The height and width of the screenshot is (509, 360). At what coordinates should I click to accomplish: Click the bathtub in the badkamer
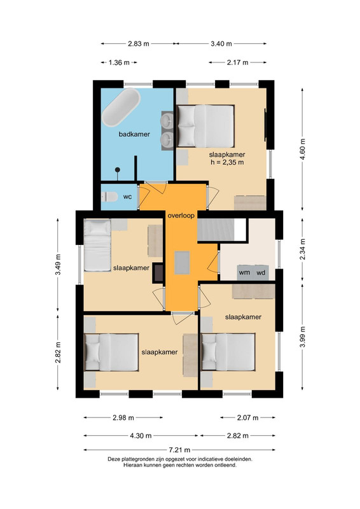click(x=121, y=108)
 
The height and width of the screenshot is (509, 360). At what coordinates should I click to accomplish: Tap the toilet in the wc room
click(x=109, y=197)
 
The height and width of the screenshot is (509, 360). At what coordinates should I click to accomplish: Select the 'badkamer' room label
click(x=134, y=134)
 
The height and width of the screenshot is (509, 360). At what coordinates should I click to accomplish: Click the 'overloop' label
click(x=181, y=215)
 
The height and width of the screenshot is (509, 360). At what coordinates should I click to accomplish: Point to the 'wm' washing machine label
click(x=244, y=272)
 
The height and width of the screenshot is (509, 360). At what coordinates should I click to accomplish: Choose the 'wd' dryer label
click(x=261, y=272)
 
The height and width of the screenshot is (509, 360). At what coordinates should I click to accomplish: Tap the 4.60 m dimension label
click(x=303, y=149)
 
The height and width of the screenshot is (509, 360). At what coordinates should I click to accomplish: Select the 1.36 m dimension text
click(x=119, y=62)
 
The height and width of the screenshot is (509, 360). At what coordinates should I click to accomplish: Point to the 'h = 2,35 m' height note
click(x=227, y=162)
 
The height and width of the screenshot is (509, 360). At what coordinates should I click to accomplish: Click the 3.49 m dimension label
click(x=58, y=264)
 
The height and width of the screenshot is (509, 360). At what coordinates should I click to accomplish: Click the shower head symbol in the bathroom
click(x=118, y=170)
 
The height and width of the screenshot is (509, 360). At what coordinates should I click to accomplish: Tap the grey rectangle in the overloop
click(x=182, y=263)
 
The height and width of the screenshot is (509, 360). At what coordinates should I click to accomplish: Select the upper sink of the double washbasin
click(x=168, y=120)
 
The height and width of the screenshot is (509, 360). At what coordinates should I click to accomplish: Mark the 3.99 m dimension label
click(x=303, y=337)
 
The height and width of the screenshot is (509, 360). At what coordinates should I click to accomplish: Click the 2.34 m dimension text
click(x=303, y=249)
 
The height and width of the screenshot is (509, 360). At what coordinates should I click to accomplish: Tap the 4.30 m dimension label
click(x=141, y=436)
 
